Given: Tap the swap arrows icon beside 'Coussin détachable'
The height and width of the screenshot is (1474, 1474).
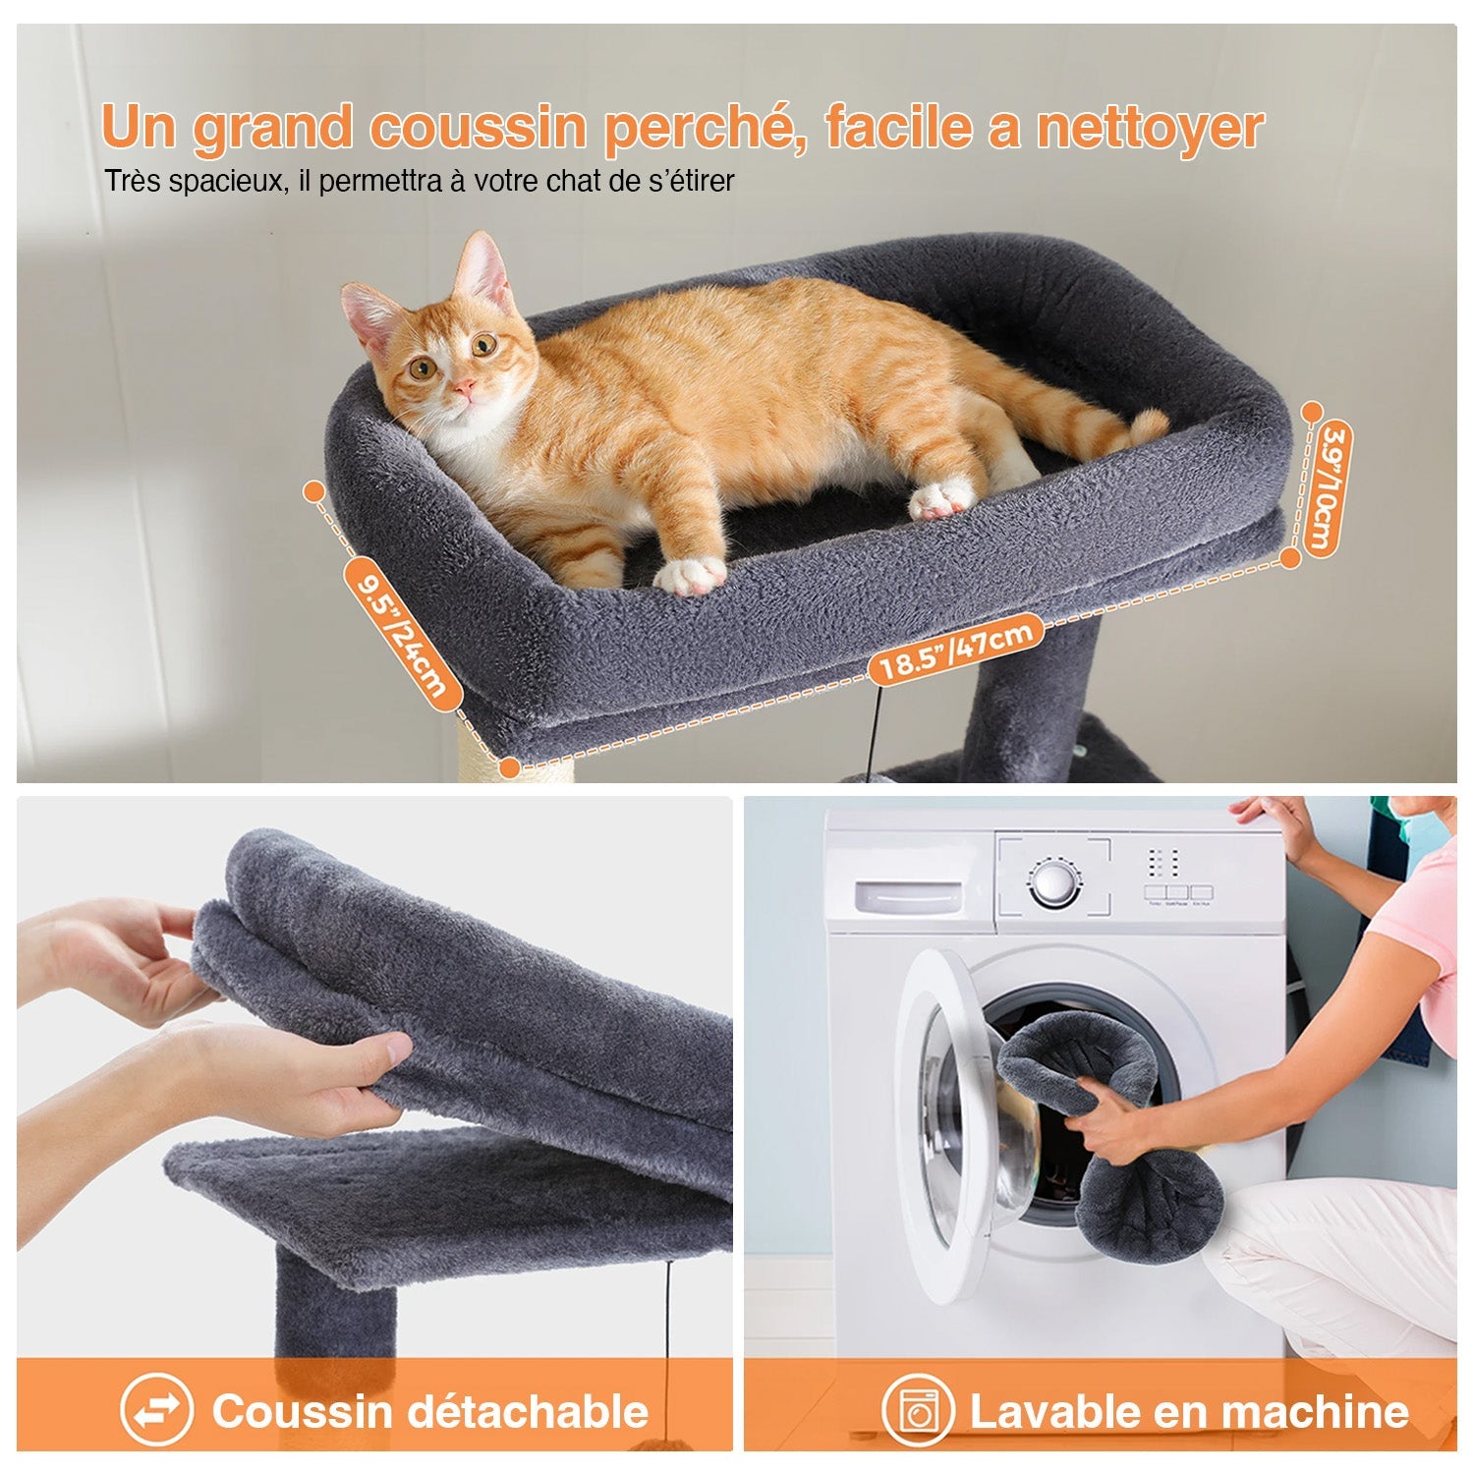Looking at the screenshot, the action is pyautogui.click(x=156, y=1411).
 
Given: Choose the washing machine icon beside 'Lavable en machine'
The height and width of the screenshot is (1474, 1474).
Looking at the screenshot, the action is pyautogui.click(x=918, y=1411).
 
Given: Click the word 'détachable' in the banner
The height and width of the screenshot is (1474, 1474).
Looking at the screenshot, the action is pyautogui.click(x=527, y=1411).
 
